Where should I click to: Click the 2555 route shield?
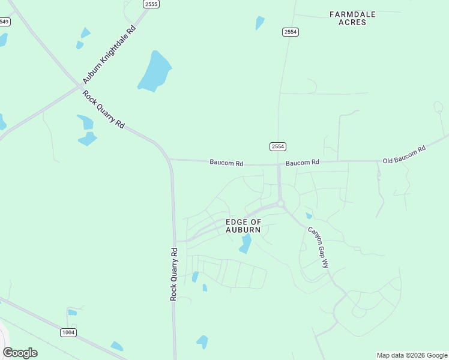tap(151, 4)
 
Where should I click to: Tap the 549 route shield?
tap(4, 22)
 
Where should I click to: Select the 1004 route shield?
tap(68, 332)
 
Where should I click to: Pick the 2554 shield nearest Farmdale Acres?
tap(291, 32)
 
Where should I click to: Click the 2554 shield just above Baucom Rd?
tap(277, 146)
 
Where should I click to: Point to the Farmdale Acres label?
tap(348, 17)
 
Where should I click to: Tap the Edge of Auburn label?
tap(243, 226)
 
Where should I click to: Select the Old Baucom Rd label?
tap(404, 155)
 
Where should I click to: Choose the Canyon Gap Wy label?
tap(319, 247)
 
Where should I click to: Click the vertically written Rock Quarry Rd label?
tap(174, 274)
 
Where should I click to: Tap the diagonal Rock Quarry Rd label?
tap(104, 109)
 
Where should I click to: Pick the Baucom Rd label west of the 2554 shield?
tap(226, 163)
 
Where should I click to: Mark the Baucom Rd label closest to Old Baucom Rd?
tap(303, 163)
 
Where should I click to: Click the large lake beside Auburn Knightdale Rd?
tap(155, 71)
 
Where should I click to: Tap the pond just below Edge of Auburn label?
tap(246, 244)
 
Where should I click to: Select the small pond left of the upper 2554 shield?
tap(260, 23)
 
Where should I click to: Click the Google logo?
tap(20, 353)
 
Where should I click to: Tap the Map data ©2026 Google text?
tap(412, 355)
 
